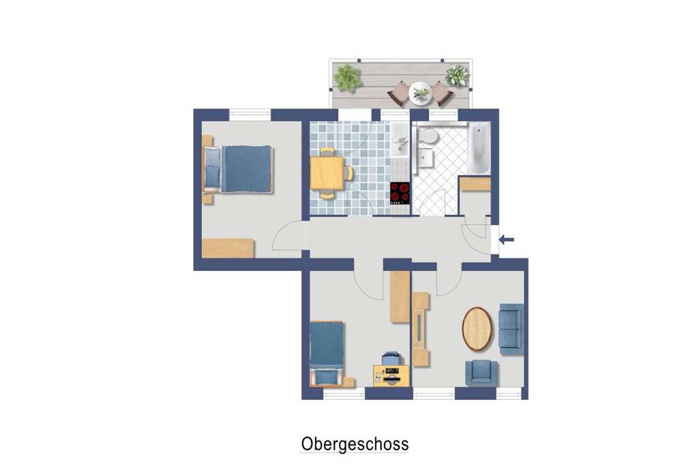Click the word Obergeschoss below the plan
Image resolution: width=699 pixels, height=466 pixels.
pos(355,444)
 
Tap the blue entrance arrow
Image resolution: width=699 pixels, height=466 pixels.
pos(506,240)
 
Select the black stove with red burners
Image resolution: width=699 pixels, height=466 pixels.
pos(400,193)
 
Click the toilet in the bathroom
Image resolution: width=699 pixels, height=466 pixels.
pos(427,136)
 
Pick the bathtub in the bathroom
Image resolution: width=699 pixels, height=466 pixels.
pos(479,148)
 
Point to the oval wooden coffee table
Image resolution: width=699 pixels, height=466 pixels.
pos(477,329)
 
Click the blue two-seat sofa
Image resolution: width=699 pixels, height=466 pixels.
pos(511,329)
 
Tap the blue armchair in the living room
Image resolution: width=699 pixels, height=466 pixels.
pos(481,373)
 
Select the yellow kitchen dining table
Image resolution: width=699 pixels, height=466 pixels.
pos(327,173)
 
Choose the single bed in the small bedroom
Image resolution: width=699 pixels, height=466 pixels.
pos(327,354)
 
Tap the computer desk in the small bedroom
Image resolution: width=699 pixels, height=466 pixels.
pos(391,376)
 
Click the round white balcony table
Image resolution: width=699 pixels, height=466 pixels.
pos(421,93)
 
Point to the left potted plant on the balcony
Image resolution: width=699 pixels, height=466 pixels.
pos(348,78)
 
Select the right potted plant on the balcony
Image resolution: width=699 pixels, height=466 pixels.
pos(457,76)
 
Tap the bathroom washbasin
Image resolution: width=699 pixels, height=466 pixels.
pos(425,158)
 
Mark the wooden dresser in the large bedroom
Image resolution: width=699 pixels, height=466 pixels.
pos(228,249)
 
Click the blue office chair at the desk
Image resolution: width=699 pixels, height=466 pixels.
pos(391,358)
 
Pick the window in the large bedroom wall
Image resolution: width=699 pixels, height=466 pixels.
pos(250,115)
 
